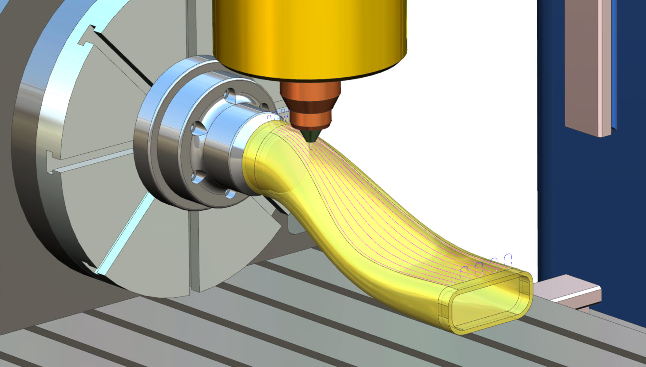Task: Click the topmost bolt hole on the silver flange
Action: pyautogui.click(x=230, y=95)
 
